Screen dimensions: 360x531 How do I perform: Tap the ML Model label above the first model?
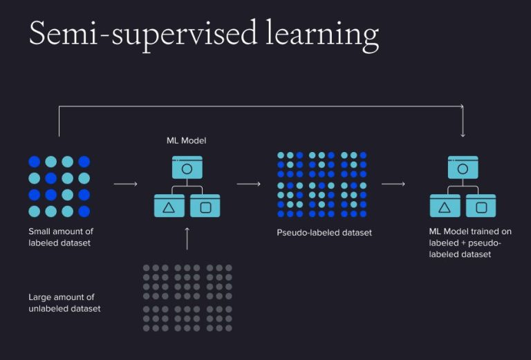click(186, 141)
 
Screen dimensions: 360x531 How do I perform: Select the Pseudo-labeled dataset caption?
click(324, 233)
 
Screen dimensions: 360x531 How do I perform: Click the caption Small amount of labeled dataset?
click(61, 237)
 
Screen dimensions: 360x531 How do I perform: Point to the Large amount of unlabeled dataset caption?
click(64, 303)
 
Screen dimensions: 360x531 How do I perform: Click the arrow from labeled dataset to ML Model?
click(125, 184)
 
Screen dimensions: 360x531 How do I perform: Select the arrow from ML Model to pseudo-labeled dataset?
click(248, 184)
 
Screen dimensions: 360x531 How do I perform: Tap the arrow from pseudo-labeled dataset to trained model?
click(393, 184)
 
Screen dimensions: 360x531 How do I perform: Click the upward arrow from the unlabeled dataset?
click(187, 238)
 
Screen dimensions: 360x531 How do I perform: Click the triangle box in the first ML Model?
click(169, 206)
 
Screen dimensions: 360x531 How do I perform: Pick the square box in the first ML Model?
click(205, 206)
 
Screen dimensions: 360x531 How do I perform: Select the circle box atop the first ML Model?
click(187, 168)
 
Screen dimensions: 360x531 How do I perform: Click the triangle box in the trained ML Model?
click(445, 206)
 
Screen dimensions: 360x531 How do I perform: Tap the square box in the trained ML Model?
click(481, 206)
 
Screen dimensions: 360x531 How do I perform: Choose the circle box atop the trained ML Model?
click(463, 168)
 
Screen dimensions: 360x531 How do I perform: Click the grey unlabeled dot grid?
click(187, 297)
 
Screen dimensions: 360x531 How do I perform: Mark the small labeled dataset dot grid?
click(59, 186)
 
